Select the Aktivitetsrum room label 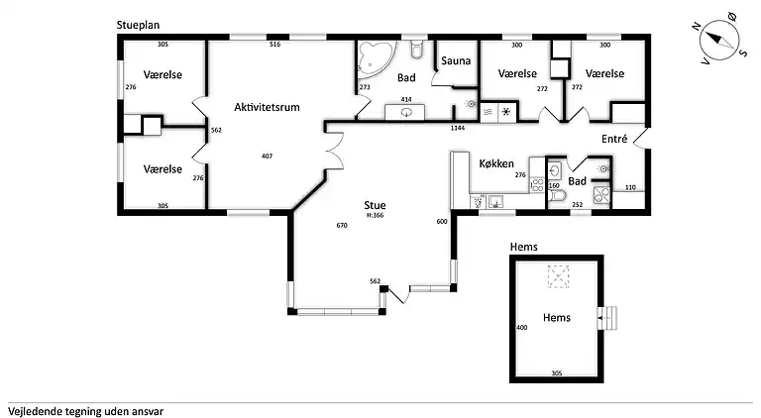267,107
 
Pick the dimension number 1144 458,129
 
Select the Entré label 614,140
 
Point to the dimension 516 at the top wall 275,45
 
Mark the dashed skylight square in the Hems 561,278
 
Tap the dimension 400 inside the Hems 521,327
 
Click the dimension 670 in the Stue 342,226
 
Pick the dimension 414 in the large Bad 405,100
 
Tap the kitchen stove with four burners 535,184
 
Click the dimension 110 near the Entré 629,187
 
